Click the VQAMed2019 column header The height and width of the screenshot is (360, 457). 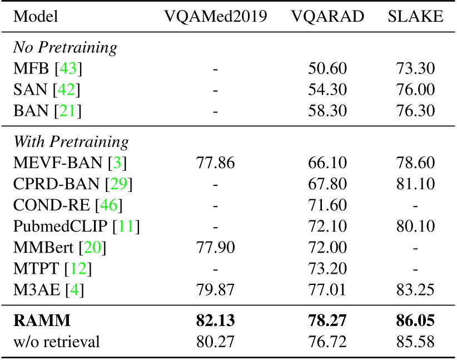click(x=216, y=17)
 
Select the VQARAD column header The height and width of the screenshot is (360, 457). click(x=327, y=17)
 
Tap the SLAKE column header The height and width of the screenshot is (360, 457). click(x=415, y=17)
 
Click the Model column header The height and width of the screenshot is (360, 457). click(x=34, y=17)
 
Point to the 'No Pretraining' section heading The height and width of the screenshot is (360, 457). click(x=65, y=48)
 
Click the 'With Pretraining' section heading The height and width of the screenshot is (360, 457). click(x=71, y=142)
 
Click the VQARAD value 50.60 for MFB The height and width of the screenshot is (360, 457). click(x=327, y=69)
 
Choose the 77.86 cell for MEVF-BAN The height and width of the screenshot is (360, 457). click(x=216, y=162)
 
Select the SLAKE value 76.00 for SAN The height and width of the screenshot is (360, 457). click(x=415, y=90)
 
